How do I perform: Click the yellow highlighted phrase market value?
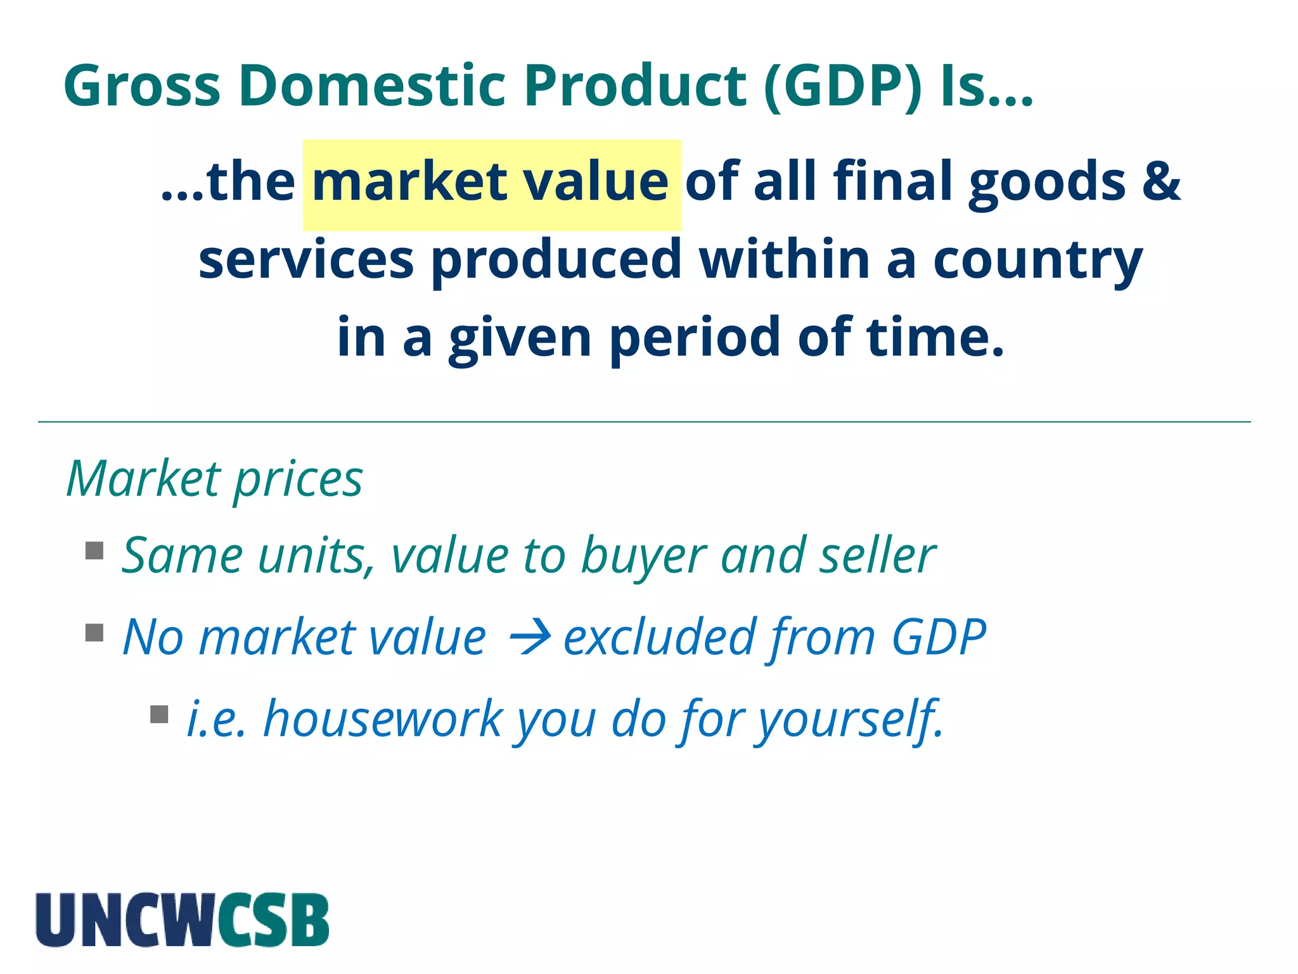tap(491, 183)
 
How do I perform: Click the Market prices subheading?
tap(215, 479)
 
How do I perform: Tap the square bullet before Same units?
tap(94, 550)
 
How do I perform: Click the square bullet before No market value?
tap(94, 633)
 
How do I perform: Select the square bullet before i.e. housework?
tap(159, 715)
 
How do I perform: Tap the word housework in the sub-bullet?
tap(383, 720)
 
